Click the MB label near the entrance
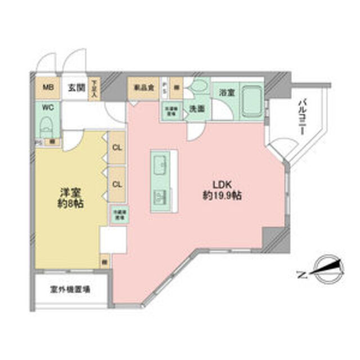(x=49, y=88)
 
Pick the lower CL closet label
(x=118, y=183)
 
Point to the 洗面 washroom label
(x=196, y=109)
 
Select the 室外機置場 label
(x=71, y=290)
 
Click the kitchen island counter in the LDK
(x=164, y=181)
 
